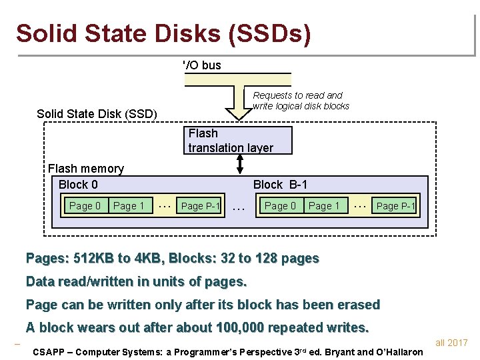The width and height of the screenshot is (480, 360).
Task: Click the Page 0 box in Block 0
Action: click(x=85, y=206)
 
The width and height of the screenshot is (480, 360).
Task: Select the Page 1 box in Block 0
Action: click(x=129, y=206)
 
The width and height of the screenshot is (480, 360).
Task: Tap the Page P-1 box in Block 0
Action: click(x=201, y=206)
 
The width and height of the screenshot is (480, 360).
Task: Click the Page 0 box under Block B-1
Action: click(x=280, y=206)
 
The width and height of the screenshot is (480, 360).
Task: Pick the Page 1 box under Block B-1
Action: click(x=324, y=206)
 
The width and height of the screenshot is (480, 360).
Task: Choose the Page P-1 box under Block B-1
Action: click(x=396, y=206)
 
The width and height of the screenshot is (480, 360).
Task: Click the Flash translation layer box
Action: click(x=230, y=140)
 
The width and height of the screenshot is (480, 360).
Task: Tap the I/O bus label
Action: click(x=202, y=65)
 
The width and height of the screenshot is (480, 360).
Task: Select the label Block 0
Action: click(x=78, y=185)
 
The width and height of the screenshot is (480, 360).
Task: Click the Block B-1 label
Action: click(x=280, y=185)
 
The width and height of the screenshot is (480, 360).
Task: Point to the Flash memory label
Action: click(x=86, y=169)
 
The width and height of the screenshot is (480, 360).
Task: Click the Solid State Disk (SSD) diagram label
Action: click(x=97, y=114)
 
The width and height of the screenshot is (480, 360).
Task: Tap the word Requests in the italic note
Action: click(x=273, y=95)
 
